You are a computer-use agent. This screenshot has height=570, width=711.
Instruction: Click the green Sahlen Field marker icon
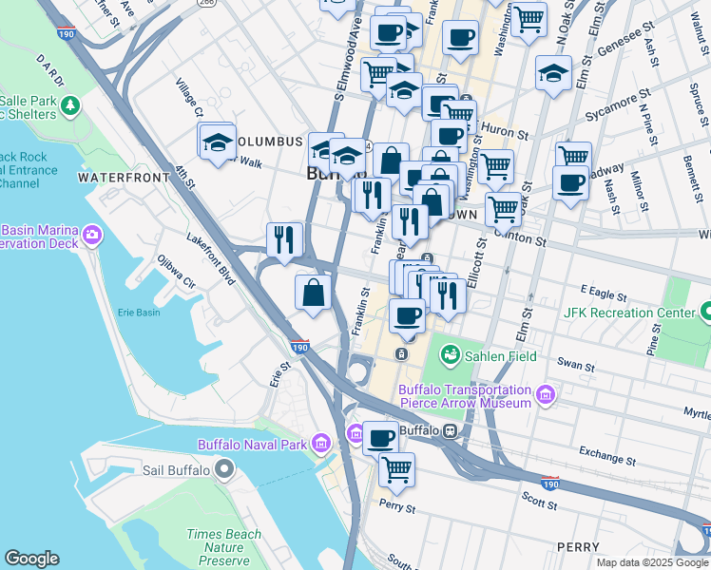click(450, 355)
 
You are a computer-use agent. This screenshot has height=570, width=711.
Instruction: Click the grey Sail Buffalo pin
click(224, 469)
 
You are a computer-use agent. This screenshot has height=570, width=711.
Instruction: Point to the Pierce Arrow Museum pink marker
click(545, 395)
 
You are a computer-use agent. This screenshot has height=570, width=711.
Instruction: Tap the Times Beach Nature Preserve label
click(223, 547)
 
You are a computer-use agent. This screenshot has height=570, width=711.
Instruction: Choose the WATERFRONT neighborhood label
click(117, 178)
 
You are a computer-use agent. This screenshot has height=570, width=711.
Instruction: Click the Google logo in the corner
click(31, 559)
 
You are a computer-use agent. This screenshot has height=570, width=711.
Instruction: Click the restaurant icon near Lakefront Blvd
click(283, 240)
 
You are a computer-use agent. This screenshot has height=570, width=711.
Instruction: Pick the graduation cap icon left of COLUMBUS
click(218, 142)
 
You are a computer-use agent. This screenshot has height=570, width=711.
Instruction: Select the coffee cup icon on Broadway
click(571, 183)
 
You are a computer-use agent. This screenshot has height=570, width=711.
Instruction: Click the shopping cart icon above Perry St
click(396, 469)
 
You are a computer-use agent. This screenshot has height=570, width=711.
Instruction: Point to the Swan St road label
click(575, 364)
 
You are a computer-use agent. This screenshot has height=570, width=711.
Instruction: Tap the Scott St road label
click(539, 497)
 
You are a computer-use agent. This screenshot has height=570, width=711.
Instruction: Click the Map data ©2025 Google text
click(652, 562)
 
